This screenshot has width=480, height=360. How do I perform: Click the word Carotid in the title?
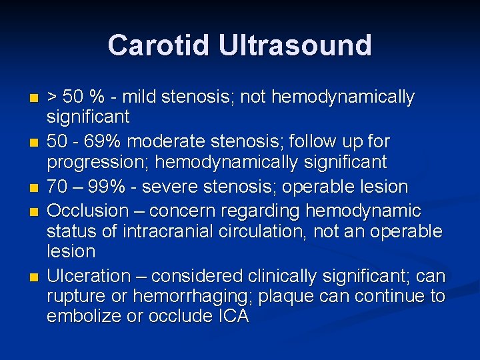click(x=153, y=45)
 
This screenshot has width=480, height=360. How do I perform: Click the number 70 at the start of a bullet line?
click(x=56, y=187)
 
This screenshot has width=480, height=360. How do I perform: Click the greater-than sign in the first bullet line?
click(x=51, y=98)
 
